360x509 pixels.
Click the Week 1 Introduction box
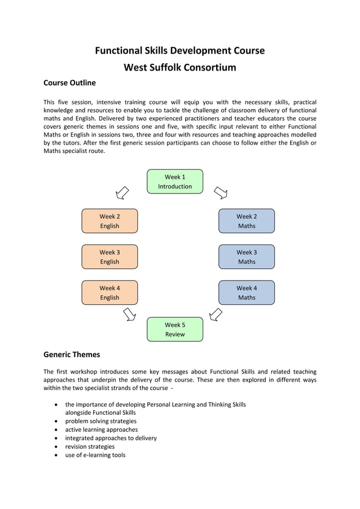click(x=175, y=182)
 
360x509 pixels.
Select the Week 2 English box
click(x=109, y=221)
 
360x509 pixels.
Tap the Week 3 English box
click(x=109, y=257)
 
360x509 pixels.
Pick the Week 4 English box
click(x=109, y=292)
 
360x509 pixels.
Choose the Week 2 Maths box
click(x=247, y=221)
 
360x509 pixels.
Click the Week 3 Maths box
click(x=247, y=257)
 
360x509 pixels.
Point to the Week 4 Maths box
click(x=247, y=292)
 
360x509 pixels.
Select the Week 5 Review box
click(x=175, y=330)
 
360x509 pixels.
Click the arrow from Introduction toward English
click(x=122, y=193)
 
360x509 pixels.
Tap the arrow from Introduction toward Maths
click(x=221, y=193)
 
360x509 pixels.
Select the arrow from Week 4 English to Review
click(x=129, y=313)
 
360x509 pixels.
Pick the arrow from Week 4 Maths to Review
click(x=215, y=313)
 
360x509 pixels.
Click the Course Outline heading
click(x=69, y=83)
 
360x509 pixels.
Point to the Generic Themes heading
click(x=72, y=355)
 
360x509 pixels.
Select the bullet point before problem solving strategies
click(x=55, y=422)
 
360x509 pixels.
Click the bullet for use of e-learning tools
click(x=55, y=455)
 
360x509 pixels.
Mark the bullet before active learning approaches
click(x=55, y=430)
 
